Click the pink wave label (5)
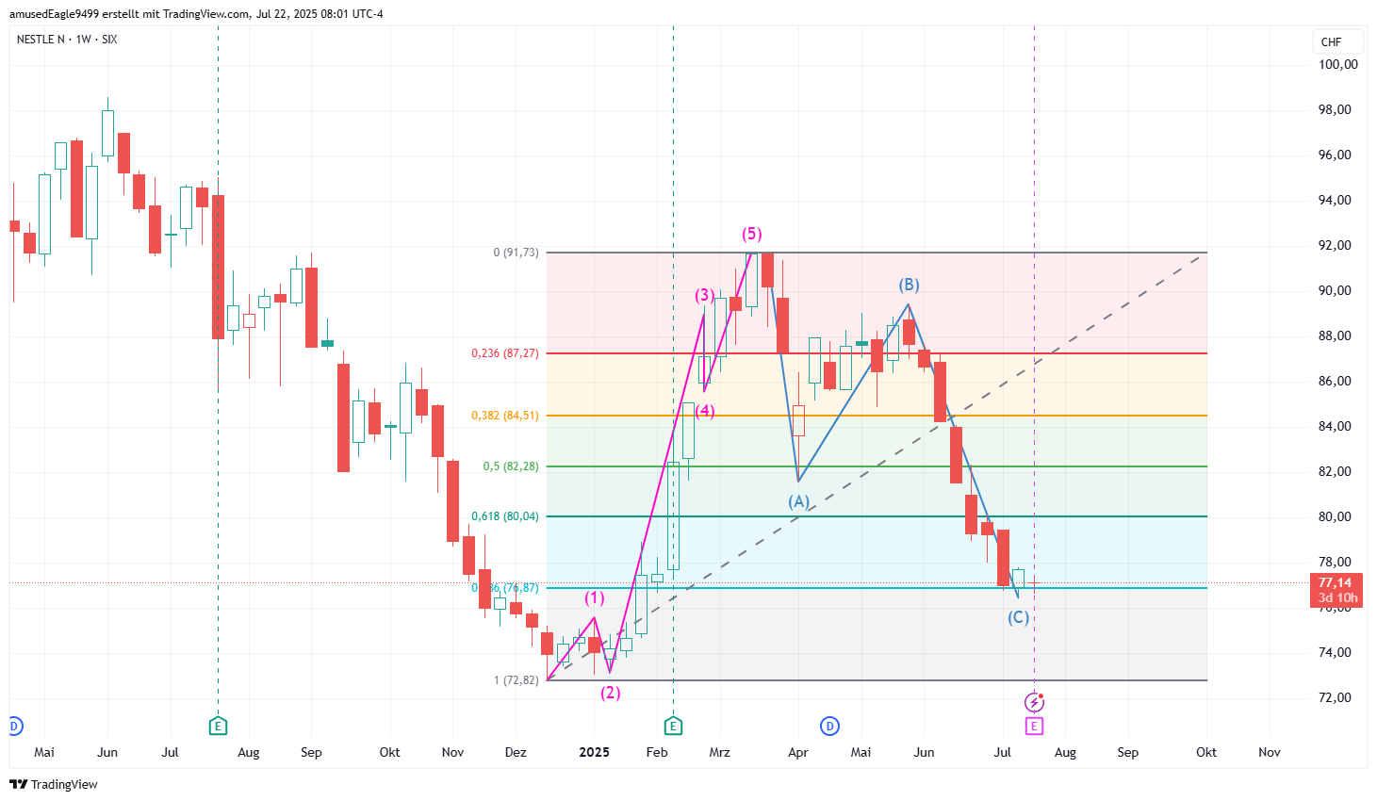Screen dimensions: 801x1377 click(x=751, y=234)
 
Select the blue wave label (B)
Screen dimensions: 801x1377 click(x=909, y=285)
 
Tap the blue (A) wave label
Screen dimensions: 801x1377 click(x=798, y=501)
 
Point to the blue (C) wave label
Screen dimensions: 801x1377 click(x=1018, y=617)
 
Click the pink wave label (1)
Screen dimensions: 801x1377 click(x=594, y=597)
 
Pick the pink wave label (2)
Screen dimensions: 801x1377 click(x=611, y=693)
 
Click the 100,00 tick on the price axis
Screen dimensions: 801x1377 click(x=1337, y=64)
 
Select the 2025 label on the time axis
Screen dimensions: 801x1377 click(x=594, y=752)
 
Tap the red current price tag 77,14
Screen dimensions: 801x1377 click(x=1336, y=590)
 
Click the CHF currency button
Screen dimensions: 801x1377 click(x=1332, y=41)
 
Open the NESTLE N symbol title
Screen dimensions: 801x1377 click(x=41, y=39)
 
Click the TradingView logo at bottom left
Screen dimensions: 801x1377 click(x=54, y=784)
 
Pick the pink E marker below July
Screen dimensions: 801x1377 click(x=1034, y=726)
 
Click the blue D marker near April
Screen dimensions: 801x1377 click(x=829, y=726)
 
